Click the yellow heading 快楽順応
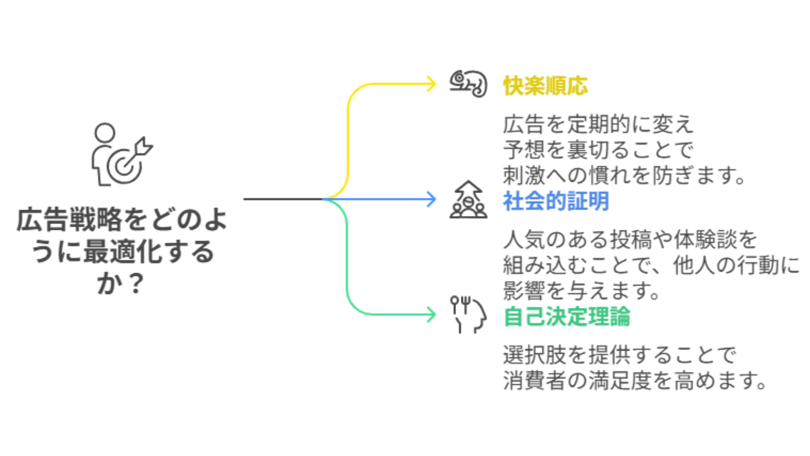545,86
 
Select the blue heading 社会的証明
556,201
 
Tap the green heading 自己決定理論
567,316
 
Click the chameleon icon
468,84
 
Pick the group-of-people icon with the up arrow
468,200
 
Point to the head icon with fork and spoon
468,315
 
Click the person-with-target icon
121,155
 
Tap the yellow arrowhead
432,84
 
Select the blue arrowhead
432,199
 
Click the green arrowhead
432,315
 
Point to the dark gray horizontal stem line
283,199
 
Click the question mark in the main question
136,284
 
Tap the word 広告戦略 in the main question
70,220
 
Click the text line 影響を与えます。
581,290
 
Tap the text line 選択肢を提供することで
619,355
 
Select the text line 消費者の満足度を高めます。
634,380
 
